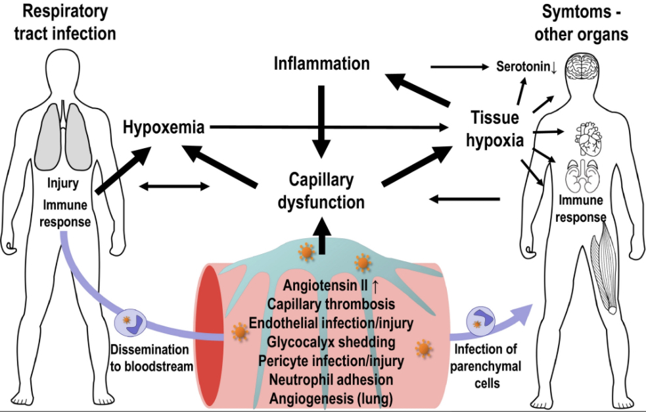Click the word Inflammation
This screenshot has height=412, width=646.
click(322, 64)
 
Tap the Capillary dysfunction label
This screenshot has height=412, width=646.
click(321, 191)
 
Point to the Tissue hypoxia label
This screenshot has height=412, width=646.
click(497, 130)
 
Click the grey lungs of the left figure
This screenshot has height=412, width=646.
click(62, 134)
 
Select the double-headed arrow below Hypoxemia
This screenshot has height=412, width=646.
click(175, 186)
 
